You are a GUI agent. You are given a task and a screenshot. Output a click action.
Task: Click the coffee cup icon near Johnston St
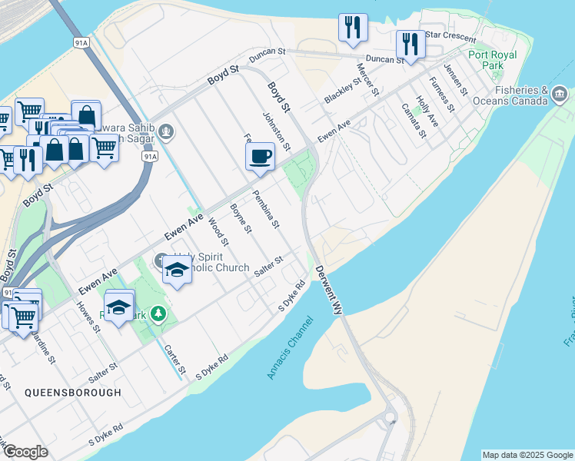pyautogui.click(x=260, y=155)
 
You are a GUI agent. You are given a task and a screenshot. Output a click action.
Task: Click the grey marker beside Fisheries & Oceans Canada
pyautogui.click(x=560, y=95)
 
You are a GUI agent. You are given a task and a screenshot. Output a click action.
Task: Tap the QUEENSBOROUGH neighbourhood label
pyautogui.click(x=73, y=393)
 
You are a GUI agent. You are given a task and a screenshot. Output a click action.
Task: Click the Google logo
pyautogui.click(x=25, y=452)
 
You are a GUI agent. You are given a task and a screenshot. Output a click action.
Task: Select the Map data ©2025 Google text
pyautogui.click(x=527, y=455)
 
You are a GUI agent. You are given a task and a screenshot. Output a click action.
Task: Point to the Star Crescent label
pyautogui.click(x=450, y=35)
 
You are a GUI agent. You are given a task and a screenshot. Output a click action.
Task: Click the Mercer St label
pyautogui.click(x=366, y=80)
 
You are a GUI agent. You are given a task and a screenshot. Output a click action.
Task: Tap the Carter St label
pyautogui.click(x=175, y=359)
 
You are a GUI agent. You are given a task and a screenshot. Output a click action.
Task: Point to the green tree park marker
pyautogui.click(x=158, y=313)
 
